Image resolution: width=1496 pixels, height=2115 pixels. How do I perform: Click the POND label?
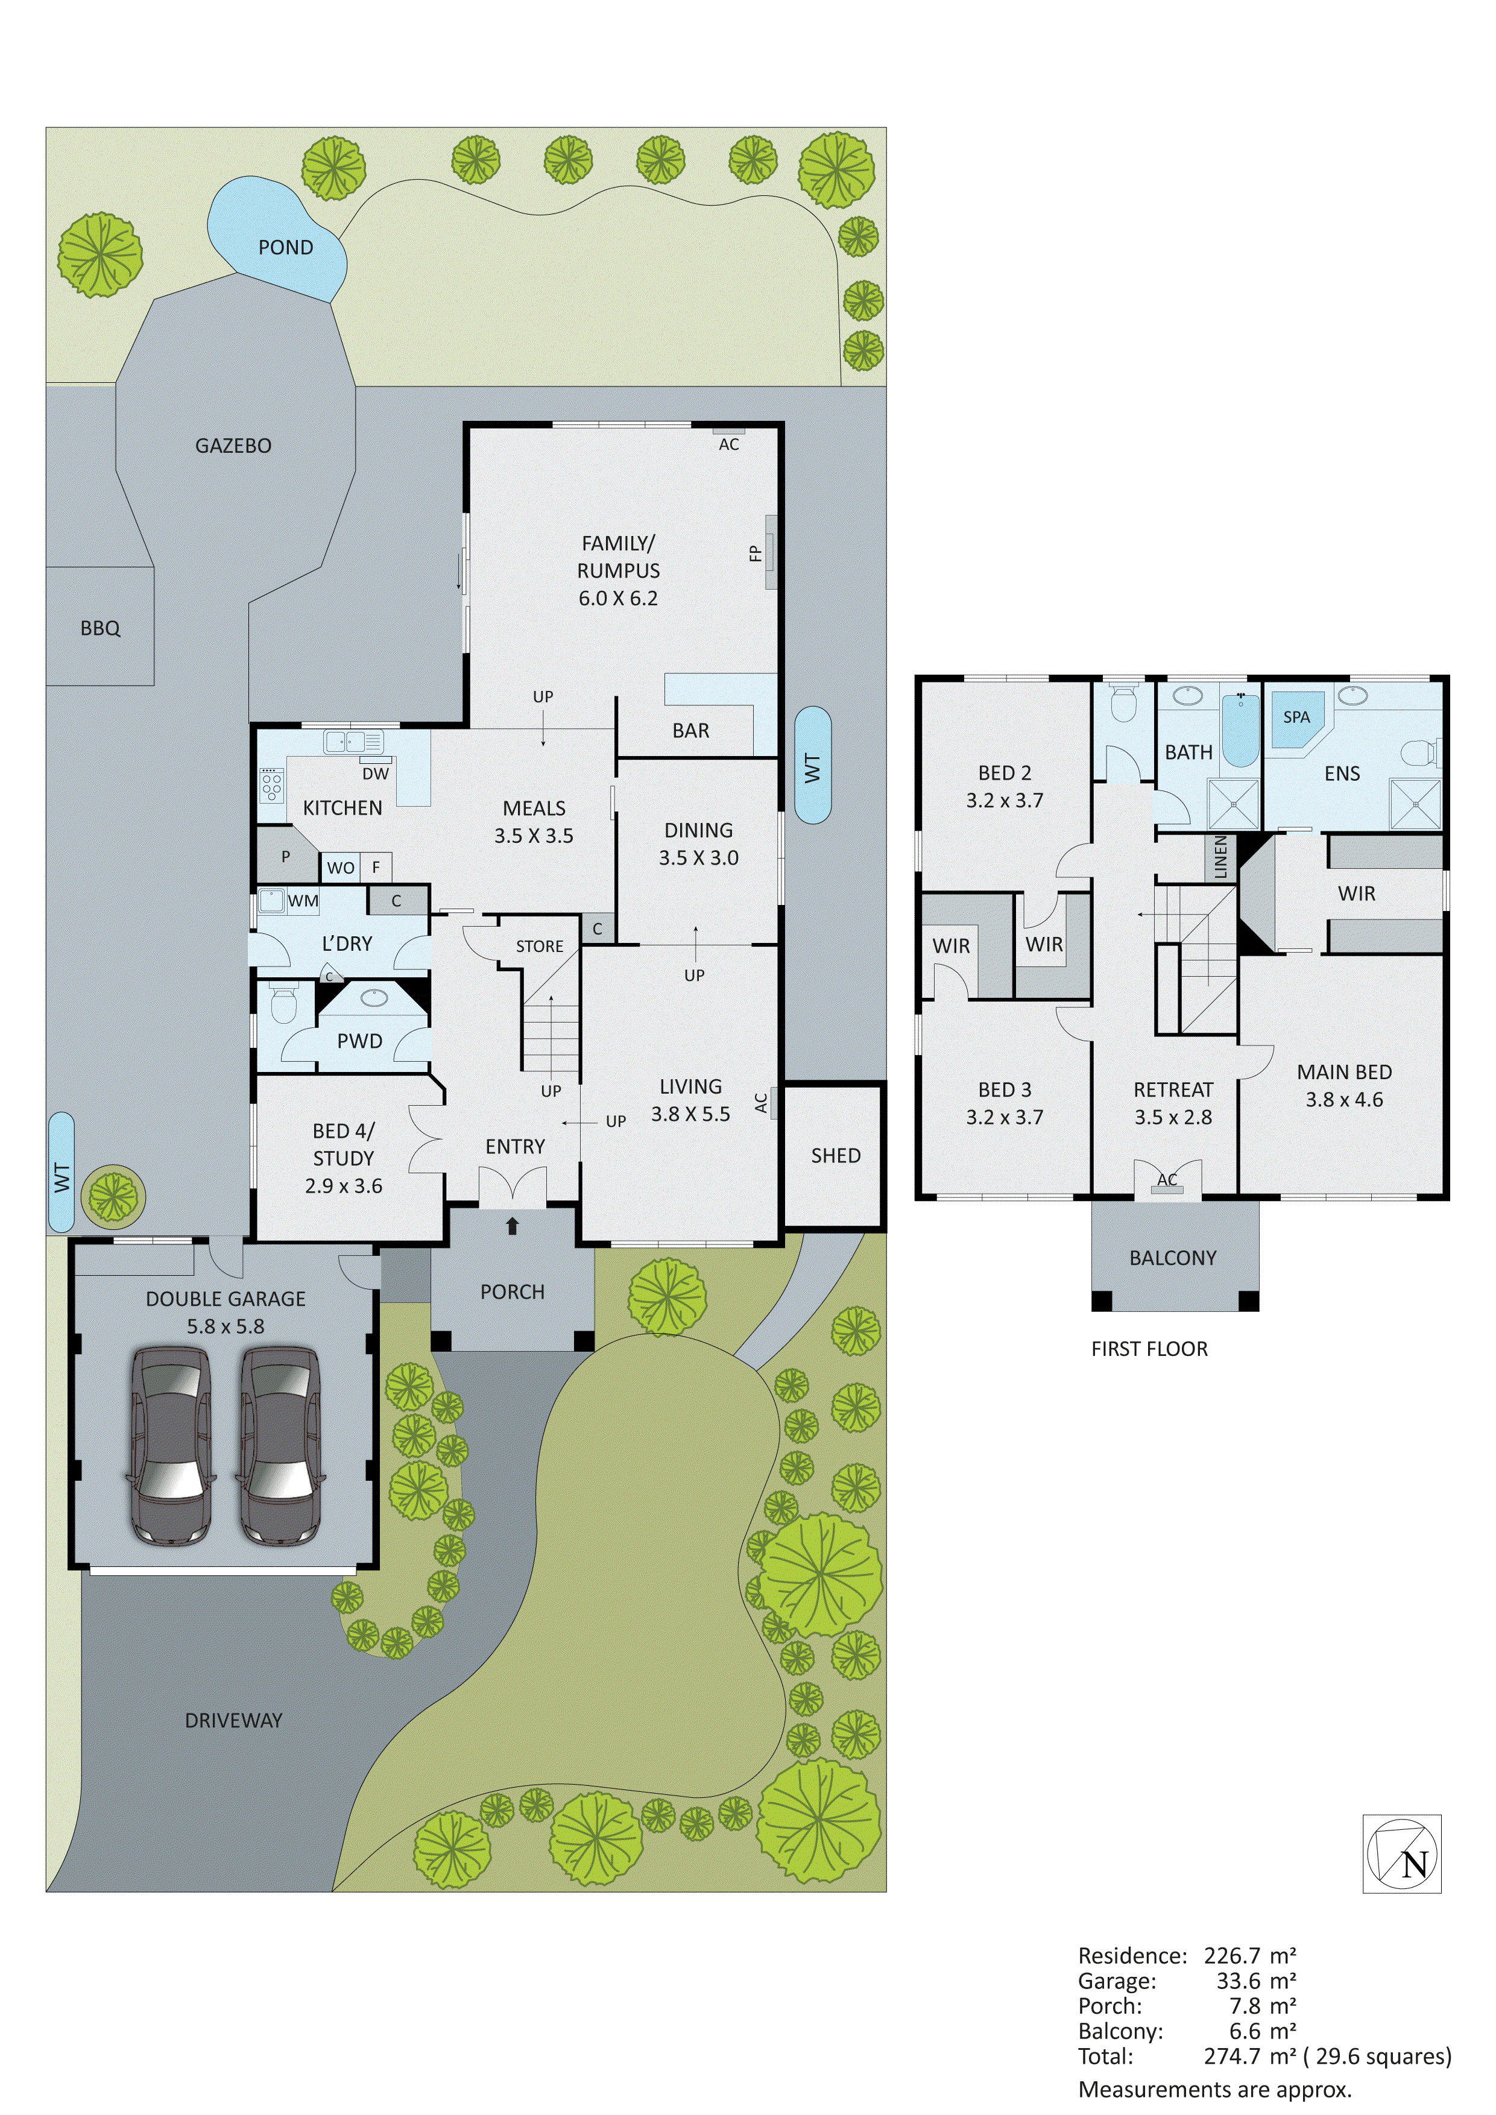[286, 248]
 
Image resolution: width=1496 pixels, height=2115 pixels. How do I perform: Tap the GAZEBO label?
[233, 446]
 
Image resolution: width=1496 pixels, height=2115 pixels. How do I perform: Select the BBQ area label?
[101, 628]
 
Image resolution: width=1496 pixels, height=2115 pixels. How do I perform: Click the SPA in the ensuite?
[1296, 717]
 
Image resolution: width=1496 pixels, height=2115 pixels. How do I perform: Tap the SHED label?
[836, 1156]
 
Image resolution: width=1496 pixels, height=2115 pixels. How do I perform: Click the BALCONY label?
[1173, 1258]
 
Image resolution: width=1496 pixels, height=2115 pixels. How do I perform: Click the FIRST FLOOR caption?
[1149, 1349]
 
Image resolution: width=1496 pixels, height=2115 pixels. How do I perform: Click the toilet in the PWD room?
[283, 1005]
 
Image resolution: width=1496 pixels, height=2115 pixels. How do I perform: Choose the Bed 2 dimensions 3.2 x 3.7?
[1004, 801]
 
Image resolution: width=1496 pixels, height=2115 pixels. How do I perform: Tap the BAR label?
[691, 731]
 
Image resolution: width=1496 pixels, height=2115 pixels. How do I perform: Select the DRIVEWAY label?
[233, 1721]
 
